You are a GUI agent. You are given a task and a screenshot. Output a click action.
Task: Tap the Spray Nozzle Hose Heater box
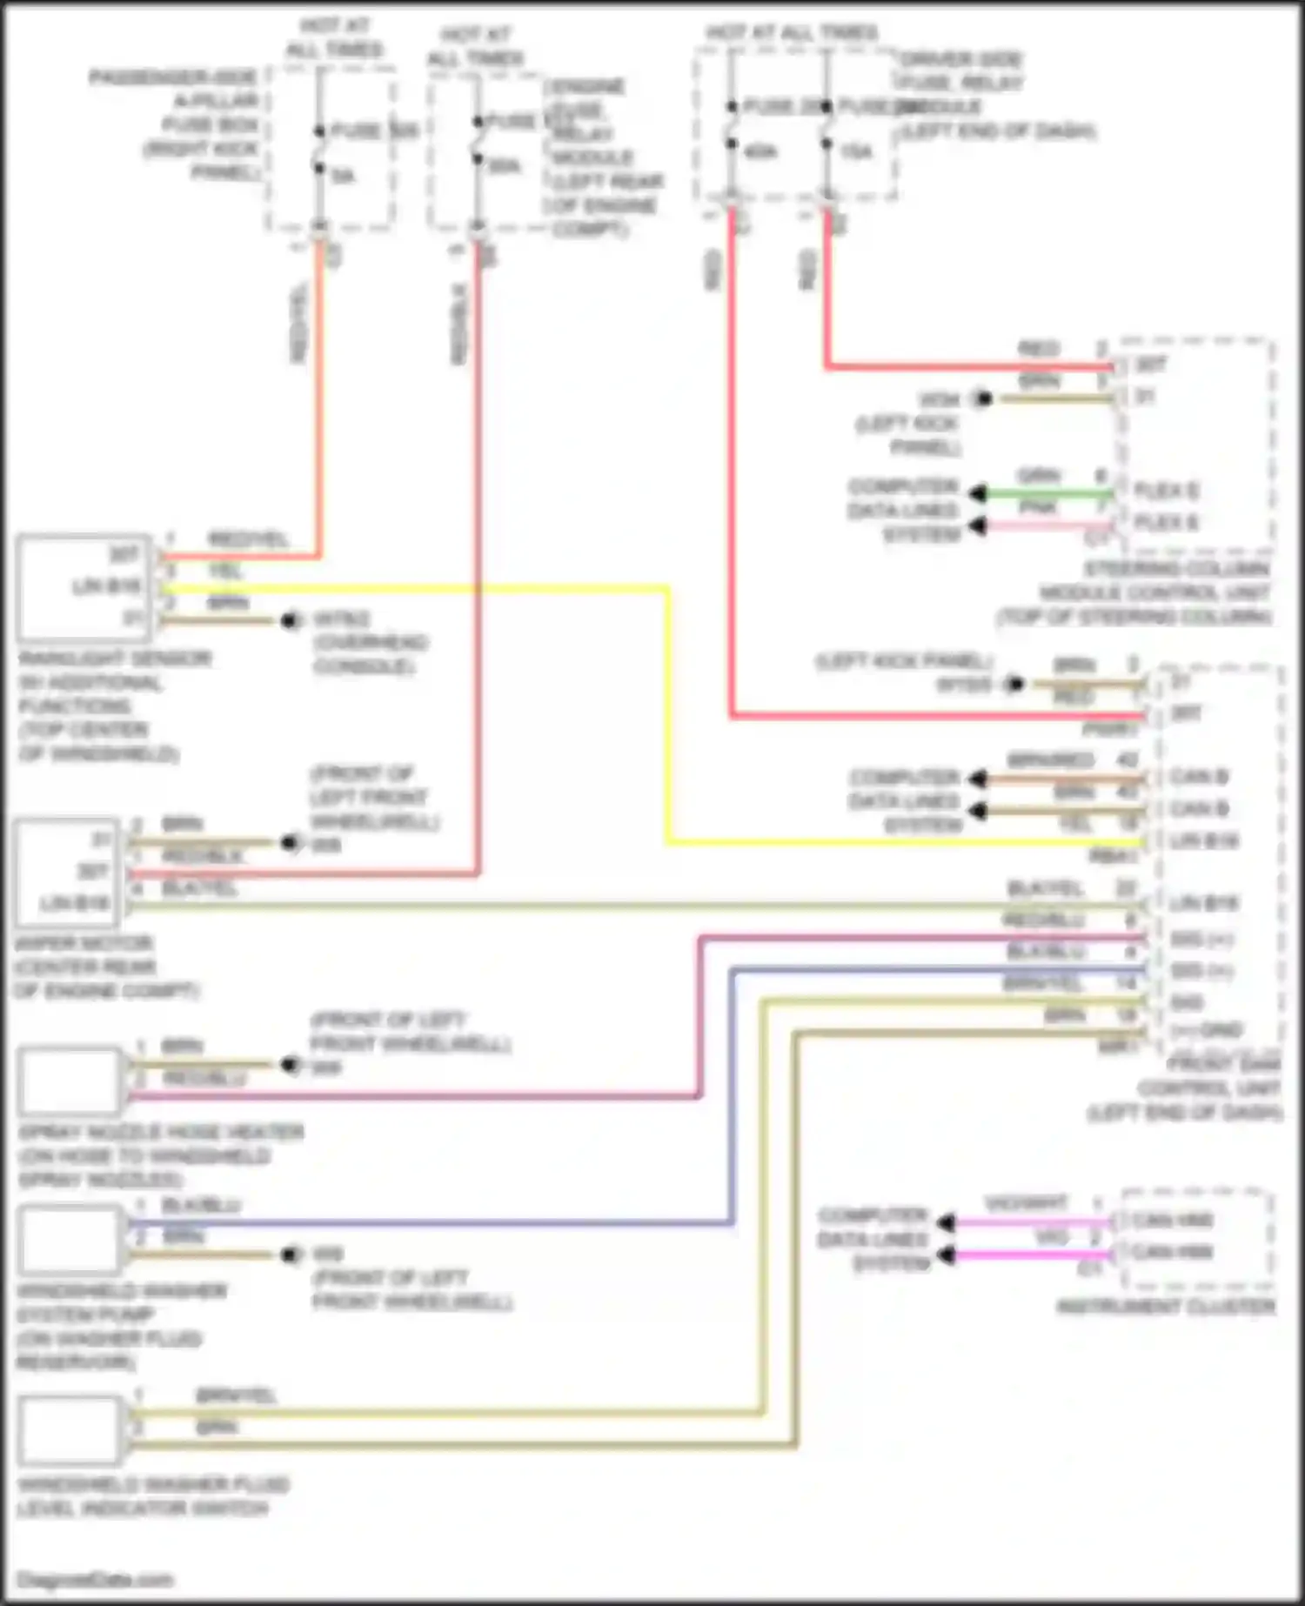click(x=70, y=1081)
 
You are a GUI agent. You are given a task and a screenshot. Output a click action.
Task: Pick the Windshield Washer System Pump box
click(x=70, y=1240)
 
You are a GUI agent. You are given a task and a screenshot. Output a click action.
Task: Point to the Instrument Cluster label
click(x=1165, y=1306)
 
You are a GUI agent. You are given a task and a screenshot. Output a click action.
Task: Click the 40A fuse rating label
click(x=760, y=152)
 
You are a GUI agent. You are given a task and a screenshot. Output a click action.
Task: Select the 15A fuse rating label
click(x=856, y=152)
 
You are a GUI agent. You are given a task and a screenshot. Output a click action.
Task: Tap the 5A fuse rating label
click(x=343, y=177)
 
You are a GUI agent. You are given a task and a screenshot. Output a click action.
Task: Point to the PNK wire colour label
click(x=1037, y=507)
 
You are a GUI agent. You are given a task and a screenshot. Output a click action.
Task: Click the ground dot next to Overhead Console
click(x=290, y=620)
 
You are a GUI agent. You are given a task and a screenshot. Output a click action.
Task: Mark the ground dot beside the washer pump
click(x=290, y=1255)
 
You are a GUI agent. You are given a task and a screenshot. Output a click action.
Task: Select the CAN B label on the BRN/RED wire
click(x=1199, y=777)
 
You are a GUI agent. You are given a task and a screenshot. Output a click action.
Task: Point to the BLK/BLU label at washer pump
click(x=201, y=1206)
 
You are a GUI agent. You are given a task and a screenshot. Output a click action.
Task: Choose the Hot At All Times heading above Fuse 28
click(x=792, y=33)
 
